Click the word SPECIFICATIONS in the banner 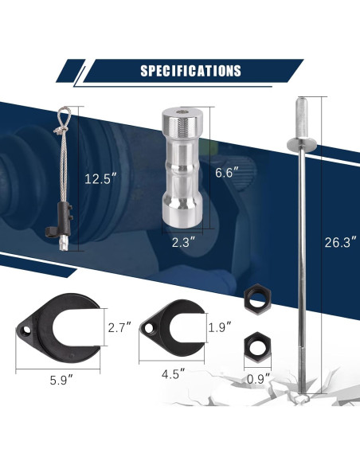click(190, 71)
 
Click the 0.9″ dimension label click(258, 377)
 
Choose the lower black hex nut click(256, 344)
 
